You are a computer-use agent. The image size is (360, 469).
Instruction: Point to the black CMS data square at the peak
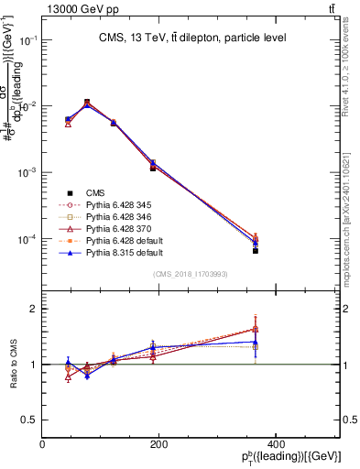(x=87, y=102)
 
